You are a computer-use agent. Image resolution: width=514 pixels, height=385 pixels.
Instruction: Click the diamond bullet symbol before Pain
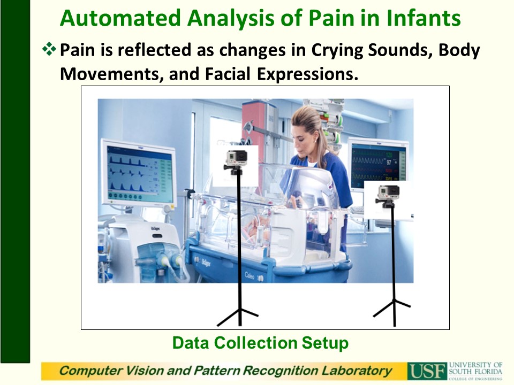click(49, 49)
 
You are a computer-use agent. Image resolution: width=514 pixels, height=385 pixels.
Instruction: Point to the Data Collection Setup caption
click(260, 343)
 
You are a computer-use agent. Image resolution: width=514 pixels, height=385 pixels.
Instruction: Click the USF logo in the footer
click(427, 371)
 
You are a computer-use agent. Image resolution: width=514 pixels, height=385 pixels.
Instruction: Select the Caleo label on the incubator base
click(249, 276)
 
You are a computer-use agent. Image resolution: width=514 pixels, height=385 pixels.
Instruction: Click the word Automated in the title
click(120, 18)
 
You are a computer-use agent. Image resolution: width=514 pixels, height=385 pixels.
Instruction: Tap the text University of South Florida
click(475, 368)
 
